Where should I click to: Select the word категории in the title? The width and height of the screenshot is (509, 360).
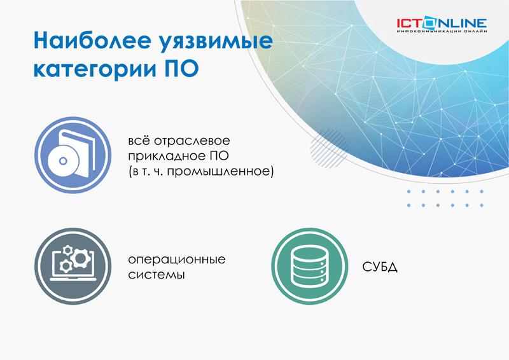point(95,69)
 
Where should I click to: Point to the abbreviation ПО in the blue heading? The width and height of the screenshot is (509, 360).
point(182,68)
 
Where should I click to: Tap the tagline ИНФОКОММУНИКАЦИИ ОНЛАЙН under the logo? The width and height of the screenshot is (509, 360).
point(442,32)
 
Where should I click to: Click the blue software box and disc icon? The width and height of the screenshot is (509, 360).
point(73,155)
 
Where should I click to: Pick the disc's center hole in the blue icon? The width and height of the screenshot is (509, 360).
point(63,161)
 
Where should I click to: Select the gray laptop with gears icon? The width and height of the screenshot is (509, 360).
point(73,267)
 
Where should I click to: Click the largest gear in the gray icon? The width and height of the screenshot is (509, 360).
point(80,258)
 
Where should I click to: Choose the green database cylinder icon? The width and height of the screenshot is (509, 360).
point(310,267)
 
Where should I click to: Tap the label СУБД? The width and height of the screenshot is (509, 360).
point(380,267)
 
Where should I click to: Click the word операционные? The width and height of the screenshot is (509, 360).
point(177,260)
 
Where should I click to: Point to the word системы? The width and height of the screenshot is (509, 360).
point(157,275)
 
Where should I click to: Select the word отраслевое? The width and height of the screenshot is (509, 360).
point(192,141)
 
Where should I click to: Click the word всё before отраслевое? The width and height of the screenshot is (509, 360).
point(139,141)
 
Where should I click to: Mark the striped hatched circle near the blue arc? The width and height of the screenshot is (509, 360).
point(328,148)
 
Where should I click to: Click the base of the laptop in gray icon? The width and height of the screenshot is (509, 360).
point(73,279)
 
